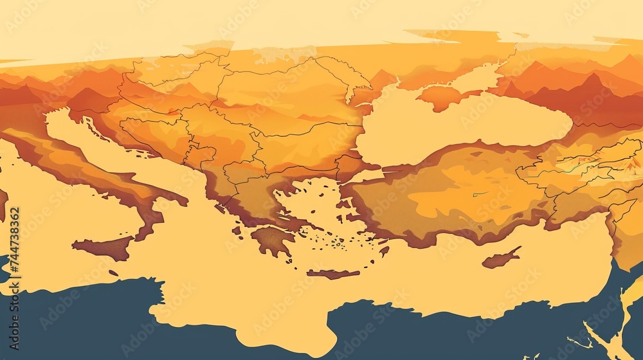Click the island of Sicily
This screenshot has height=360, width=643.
click(103, 247)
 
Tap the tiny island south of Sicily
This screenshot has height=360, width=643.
click(113, 273)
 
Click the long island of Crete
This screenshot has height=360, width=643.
click(333, 274)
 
